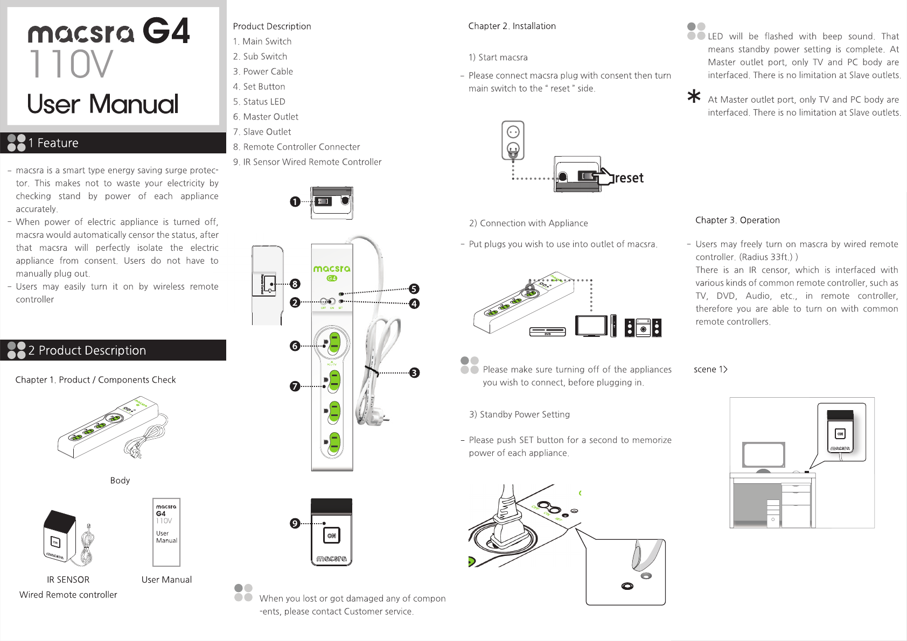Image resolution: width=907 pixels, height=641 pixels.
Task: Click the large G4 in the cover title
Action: [166, 31]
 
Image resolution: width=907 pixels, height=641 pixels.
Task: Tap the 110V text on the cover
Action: [71, 64]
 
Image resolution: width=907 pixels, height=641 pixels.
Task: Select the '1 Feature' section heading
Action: [53, 143]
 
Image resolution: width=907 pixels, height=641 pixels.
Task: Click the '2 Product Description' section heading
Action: [87, 350]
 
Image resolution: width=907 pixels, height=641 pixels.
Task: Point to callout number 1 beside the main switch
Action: [295, 202]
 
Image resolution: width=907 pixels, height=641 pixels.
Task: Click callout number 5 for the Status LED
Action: [414, 289]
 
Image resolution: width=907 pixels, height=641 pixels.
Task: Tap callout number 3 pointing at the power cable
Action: [414, 373]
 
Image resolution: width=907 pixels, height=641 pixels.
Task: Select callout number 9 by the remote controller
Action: [295, 523]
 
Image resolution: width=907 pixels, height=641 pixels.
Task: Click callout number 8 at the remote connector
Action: [295, 284]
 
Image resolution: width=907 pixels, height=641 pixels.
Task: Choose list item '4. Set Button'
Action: [259, 87]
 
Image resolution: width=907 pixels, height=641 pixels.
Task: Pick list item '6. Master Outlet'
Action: [266, 117]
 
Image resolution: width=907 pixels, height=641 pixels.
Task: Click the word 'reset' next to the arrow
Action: [629, 178]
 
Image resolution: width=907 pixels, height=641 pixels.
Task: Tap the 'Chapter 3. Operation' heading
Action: [737, 220]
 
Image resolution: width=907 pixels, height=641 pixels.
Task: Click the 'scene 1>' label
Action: [710, 369]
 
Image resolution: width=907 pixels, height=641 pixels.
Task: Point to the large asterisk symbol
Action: [694, 97]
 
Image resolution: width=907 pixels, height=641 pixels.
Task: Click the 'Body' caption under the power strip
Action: [120, 480]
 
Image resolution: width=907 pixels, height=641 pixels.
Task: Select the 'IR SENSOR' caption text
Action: [68, 580]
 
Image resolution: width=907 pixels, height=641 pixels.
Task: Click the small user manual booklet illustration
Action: [166, 532]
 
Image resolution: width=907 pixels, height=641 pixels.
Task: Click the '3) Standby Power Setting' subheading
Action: [519, 414]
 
